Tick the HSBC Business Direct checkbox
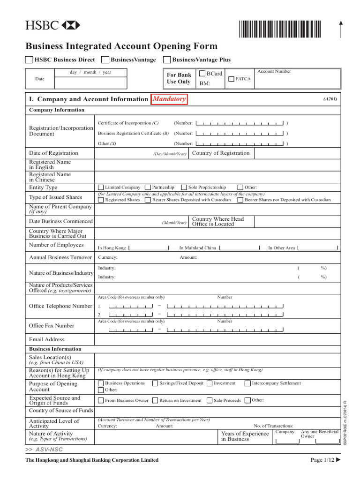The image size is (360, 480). [x=29, y=60]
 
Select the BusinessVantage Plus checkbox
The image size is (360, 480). [x=167, y=60]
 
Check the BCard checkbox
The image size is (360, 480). [x=202, y=74]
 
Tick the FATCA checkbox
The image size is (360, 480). [x=231, y=79]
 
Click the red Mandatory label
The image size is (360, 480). [x=169, y=99]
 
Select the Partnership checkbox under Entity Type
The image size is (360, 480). [x=148, y=187]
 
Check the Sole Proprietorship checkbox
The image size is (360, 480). [x=184, y=187]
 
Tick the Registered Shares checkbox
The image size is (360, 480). [x=101, y=200]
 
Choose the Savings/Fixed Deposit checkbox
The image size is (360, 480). [x=155, y=383]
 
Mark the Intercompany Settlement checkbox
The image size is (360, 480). [x=247, y=383]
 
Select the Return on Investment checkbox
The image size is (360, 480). [x=155, y=400]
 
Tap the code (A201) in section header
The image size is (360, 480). [x=330, y=99]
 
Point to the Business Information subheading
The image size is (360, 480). [x=55, y=349]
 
